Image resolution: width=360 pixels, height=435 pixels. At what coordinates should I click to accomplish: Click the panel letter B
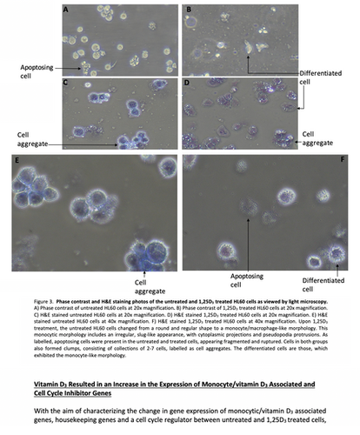pyautogui.click(x=188, y=10)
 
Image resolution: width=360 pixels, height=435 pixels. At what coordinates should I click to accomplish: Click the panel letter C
pyautogui.click(x=67, y=83)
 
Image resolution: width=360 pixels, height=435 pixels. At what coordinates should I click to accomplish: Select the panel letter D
pyautogui.click(x=188, y=83)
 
